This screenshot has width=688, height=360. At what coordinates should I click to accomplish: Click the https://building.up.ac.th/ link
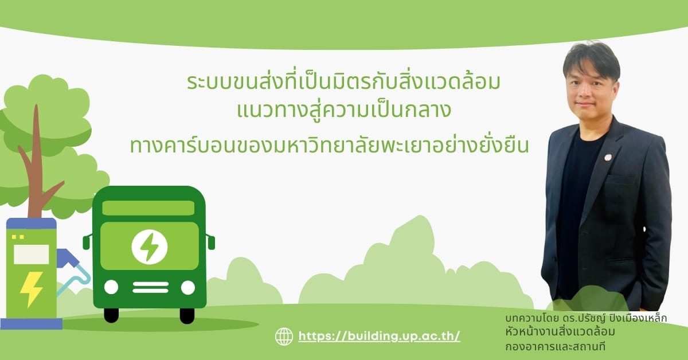click(380, 336)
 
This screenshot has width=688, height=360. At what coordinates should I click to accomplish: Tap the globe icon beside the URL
click(284, 336)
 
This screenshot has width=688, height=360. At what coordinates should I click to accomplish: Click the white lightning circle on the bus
click(150, 246)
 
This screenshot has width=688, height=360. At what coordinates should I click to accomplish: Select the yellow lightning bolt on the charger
click(31, 289)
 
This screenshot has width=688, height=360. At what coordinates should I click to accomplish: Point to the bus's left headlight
click(111, 287)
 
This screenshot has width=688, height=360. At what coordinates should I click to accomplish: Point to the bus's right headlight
click(188, 288)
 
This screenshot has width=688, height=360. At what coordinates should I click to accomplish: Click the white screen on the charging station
click(32, 255)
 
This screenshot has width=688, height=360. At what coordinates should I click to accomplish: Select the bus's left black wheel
click(111, 315)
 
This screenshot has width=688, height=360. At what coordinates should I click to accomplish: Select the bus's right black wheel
click(187, 315)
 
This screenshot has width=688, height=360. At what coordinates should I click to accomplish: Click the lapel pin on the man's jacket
click(608, 158)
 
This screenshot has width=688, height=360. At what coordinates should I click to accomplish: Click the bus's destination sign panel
click(148, 208)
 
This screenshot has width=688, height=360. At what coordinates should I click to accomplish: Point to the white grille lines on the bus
click(150, 287)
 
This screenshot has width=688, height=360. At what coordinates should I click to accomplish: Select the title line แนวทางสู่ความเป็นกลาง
click(343, 110)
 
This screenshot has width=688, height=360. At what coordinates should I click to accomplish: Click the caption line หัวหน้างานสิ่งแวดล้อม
click(560, 332)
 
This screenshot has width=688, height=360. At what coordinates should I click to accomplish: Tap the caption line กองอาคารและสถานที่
click(556, 347)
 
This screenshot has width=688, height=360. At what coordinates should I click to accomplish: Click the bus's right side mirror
click(211, 241)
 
